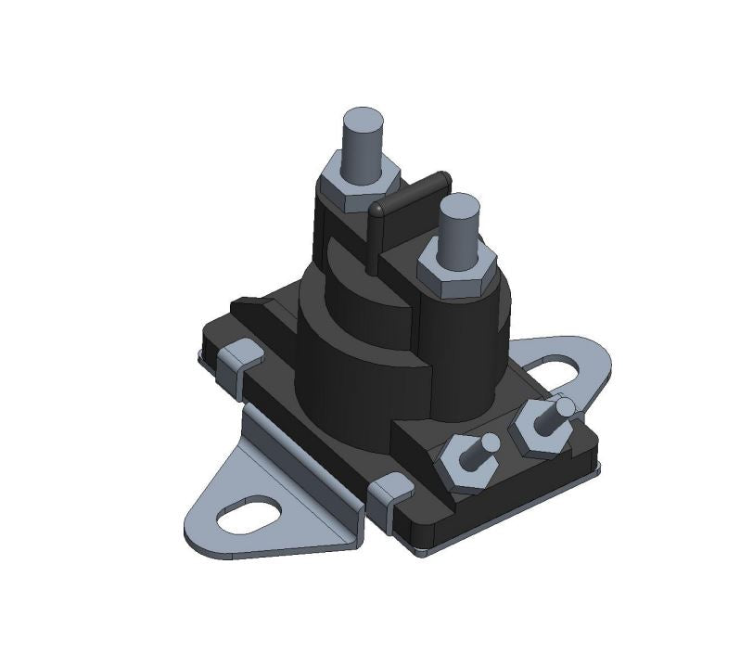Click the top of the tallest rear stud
point(363,121)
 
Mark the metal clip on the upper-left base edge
point(244,356)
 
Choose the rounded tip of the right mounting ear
point(607,357)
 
